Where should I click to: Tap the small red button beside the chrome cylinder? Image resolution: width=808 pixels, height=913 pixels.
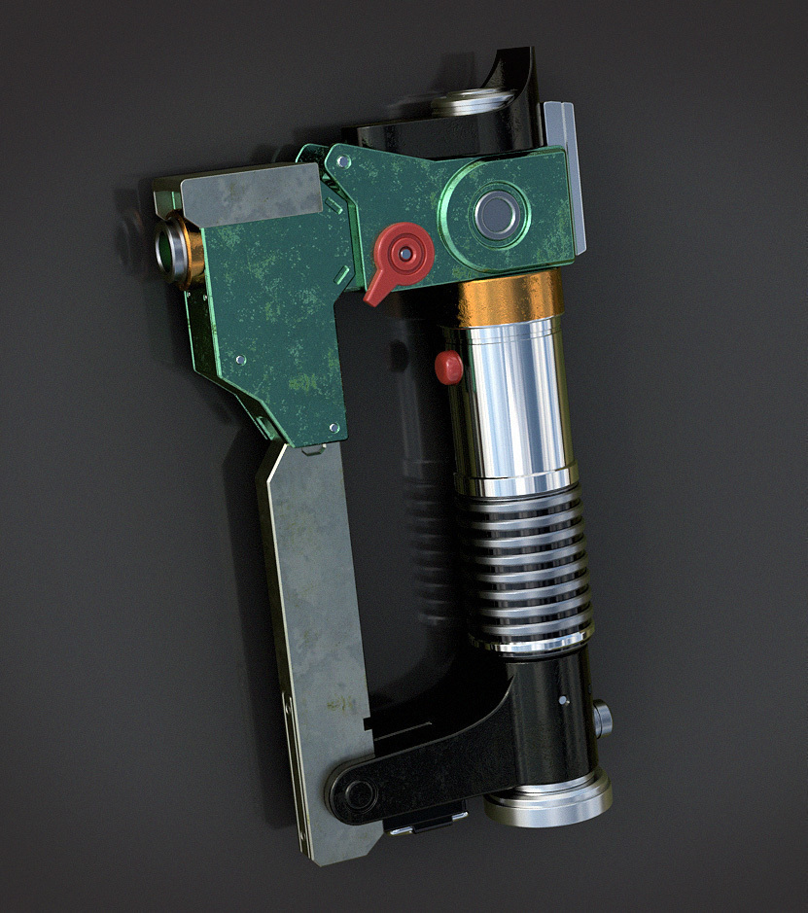pyautogui.click(x=448, y=367)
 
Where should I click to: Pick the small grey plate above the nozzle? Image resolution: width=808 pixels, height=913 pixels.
pyautogui.click(x=251, y=191)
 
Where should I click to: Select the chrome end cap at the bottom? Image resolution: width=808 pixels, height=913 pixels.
pyautogui.click(x=547, y=799)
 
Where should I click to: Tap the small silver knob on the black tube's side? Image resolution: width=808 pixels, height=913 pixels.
pyautogui.click(x=603, y=719)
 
